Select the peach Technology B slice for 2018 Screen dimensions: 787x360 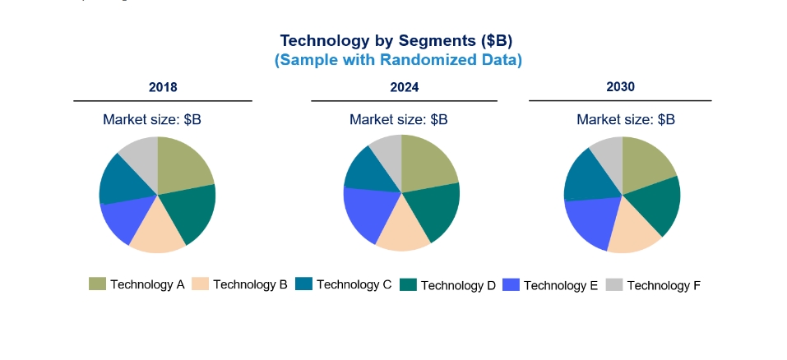(158, 228)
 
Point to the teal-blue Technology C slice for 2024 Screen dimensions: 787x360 (369, 173)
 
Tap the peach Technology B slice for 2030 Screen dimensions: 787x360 (633, 228)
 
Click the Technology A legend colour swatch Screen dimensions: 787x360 (97, 284)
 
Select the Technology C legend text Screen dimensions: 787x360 (354, 284)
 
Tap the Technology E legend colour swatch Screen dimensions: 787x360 (511, 284)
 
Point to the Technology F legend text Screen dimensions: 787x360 (664, 286)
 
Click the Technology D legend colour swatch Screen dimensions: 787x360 (408, 284)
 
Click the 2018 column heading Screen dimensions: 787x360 (163, 87)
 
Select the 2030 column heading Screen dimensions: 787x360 (620, 87)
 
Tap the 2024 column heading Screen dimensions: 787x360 (405, 87)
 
